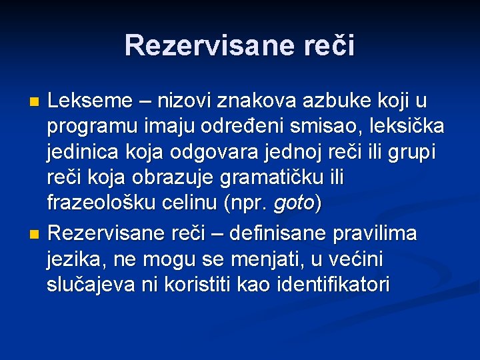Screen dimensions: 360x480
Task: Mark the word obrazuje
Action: pos(181,177)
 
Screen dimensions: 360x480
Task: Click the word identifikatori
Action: pos(333,285)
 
